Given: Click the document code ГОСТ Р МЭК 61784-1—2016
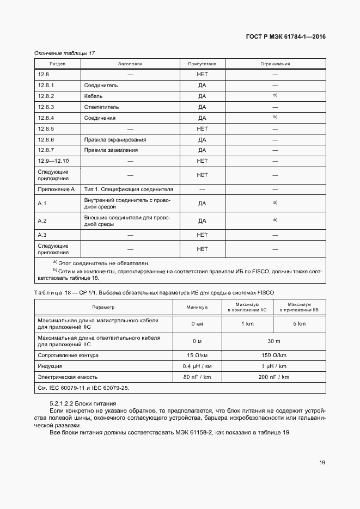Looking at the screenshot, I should pyautogui.click(x=287, y=37).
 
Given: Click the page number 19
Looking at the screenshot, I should pyautogui.click(x=322, y=463).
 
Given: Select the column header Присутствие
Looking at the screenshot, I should pyautogui.click(x=202, y=64).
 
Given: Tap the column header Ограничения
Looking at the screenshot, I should pyautogui.click(x=275, y=64).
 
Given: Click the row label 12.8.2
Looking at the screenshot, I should pyautogui.click(x=46, y=96).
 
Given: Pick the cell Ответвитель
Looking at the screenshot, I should pyautogui.click(x=101, y=107).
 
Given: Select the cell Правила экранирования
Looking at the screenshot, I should pyautogui.click(x=115, y=139).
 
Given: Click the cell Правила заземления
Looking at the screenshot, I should pyautogui.click(x=111, y=150).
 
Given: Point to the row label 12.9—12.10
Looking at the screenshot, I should pyautogui.click(x=50, y=161).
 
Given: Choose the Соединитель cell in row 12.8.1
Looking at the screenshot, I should pyautogui.click(x=101, y=85).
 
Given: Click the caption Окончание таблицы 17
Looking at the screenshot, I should pyautogui.click(x=65, y=52).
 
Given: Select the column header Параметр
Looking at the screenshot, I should pyautogui.click(x=103, y=307).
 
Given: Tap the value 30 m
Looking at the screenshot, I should pyautogui.click(x=274, y=341).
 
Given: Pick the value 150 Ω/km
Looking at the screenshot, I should pyautogui.click(x=274, y=355).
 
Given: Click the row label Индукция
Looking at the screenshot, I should pyautogui.click(x=50, y=366).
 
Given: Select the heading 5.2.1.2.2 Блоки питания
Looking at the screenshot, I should pyautogui.click(x=83, y=403).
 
